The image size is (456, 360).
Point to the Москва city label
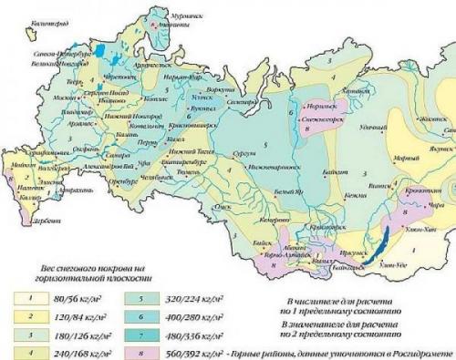[63, 97]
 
